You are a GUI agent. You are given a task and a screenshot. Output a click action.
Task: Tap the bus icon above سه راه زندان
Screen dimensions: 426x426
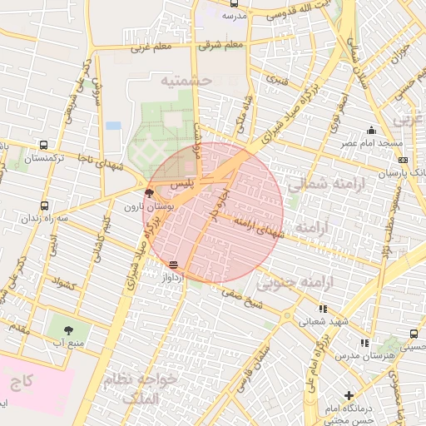[44, 206]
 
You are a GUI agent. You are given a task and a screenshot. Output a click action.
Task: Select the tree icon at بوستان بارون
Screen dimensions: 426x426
[149, 192]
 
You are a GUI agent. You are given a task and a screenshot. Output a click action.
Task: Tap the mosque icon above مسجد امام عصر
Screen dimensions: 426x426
[371, 130]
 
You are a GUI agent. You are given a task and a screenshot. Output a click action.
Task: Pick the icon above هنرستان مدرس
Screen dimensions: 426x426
[364, 343]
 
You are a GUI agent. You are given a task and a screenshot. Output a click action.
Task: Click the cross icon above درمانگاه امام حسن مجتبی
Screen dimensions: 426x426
[349, 396]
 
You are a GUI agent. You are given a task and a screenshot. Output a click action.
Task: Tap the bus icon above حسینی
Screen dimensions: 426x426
[414, 334]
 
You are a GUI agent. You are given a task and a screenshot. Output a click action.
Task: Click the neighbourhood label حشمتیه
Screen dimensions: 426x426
[187, 80]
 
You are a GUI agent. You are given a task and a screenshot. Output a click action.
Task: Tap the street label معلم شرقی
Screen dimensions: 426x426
[222, 45]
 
